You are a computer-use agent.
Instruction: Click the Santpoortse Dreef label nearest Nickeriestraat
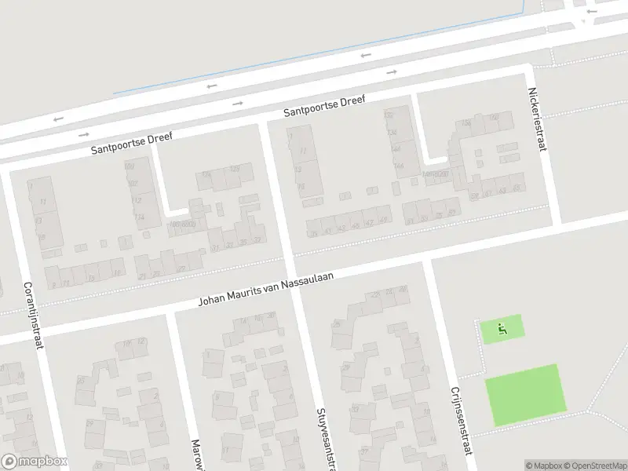coord(324,107)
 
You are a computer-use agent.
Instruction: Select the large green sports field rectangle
coord(525,391)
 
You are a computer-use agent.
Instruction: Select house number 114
coord(140,217)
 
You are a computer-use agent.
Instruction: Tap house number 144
coord(398,166)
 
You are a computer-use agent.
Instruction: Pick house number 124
coord(206,174)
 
